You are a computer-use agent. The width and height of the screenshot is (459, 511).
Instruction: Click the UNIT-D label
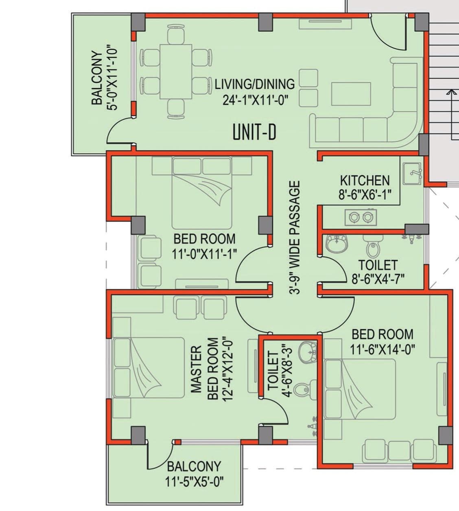(254, 133)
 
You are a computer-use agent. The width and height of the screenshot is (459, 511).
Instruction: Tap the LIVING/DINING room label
(255, 84)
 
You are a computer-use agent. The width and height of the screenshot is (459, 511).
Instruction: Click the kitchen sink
(412, 174)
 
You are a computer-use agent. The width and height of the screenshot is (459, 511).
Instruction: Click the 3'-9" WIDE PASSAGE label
(294, 238)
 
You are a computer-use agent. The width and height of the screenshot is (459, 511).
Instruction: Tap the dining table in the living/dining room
(176, 72)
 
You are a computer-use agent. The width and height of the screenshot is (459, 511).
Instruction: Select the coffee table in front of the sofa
(351, 94)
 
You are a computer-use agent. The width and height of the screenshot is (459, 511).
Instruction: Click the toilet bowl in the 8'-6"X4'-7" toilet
(372, 247)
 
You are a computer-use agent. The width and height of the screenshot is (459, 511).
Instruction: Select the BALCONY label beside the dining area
(97, 78)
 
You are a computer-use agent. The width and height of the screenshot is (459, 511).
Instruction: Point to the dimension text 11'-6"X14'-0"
(382, 349)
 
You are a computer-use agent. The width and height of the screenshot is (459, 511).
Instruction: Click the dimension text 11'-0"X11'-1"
(204, 254)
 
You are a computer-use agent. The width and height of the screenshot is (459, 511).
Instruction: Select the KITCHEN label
(365, 181)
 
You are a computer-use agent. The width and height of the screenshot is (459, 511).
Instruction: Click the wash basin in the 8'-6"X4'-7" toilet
(337, 243)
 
